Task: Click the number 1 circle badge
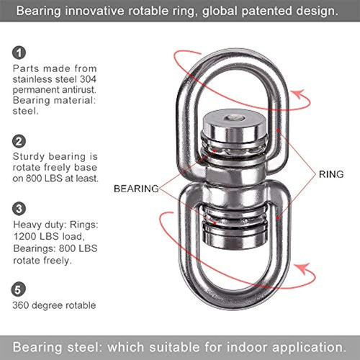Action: pos(19,53)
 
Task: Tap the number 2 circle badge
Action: pos(19,141)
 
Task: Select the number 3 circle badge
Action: pos(19,209)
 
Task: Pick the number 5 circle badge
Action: pos(18,289)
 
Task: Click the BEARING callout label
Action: pos(136,189)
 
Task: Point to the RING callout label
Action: pos(331,174)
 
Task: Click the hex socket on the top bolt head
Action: pos(235,118)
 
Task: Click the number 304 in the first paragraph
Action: pos(88,79)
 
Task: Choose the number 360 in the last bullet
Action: pos(21,305)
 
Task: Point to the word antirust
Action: pos(79,90)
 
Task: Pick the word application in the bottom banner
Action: pos(310,348)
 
